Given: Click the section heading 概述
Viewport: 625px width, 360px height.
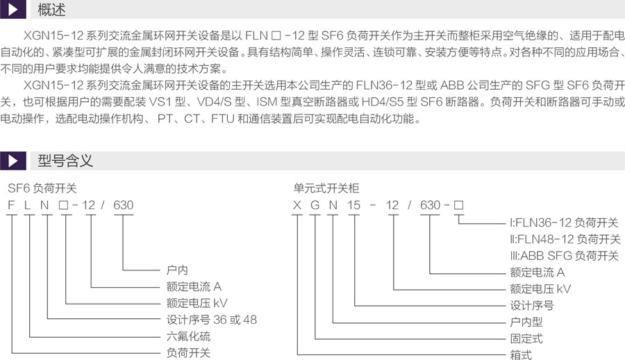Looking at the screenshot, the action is point(51,10).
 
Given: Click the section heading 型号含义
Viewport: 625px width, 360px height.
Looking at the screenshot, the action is point(65,161).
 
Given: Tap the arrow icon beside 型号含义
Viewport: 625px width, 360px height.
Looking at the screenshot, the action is point(13,161).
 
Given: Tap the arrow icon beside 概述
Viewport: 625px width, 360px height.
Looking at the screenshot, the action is point(13,9).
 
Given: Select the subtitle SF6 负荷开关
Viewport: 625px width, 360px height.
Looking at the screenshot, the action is point(42,188).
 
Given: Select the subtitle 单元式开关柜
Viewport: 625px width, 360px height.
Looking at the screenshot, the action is point(326,188).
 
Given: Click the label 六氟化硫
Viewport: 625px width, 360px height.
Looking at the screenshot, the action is point(188,336).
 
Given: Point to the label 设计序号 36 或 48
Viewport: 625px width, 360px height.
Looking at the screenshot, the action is point(212,319).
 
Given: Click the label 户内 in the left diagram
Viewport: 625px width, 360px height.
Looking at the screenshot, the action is point(177,270).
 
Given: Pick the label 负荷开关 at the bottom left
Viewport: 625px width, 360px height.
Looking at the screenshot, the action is point(188,353).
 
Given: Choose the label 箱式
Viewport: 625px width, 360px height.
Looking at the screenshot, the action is point(521,354).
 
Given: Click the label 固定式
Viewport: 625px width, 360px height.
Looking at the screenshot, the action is point(526,338).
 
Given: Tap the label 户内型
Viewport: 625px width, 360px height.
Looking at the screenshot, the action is point(526,322).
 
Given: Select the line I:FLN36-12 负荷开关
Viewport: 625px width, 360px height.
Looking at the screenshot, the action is point(564,222).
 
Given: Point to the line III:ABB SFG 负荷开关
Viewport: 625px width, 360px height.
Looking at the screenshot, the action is point(565,256).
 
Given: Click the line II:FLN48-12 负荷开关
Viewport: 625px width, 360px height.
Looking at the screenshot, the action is point(565,239).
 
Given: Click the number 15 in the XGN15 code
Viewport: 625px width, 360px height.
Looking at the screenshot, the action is point(353,205).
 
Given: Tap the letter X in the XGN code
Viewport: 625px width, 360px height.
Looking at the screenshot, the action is point(297,205).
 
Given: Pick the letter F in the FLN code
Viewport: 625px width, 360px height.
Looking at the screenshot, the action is point(11,205).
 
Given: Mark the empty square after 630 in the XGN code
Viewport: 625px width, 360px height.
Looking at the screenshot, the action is point(458,205).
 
